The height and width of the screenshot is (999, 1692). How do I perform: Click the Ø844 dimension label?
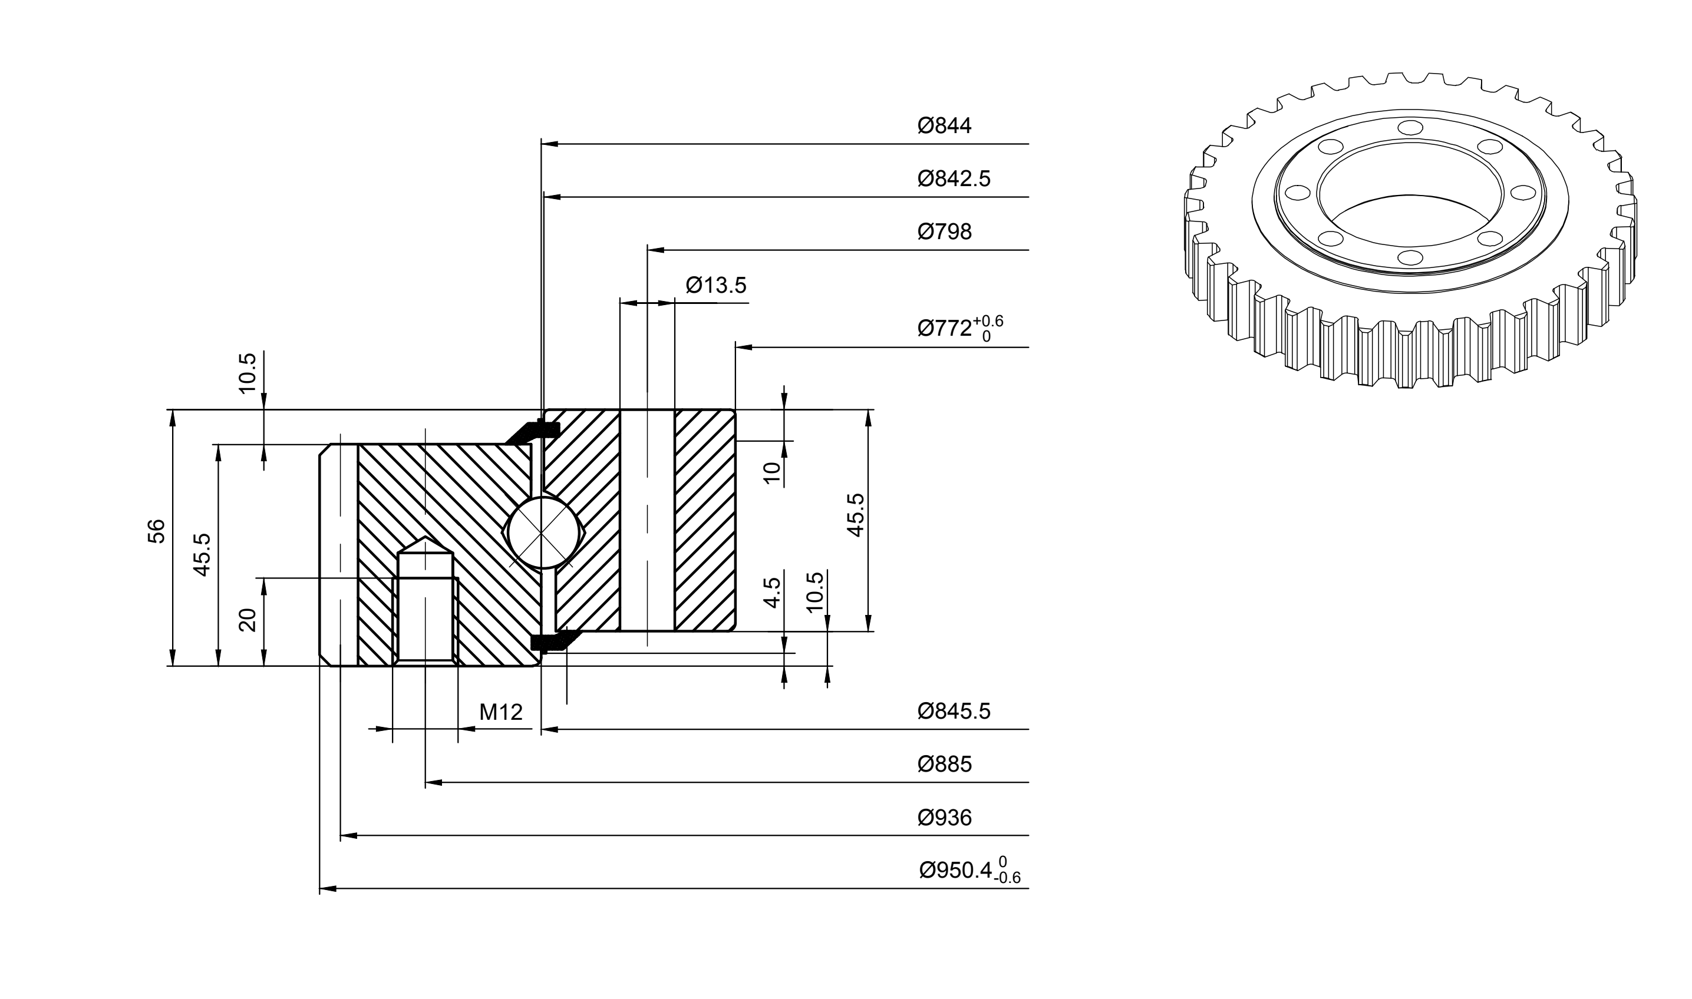pyautogui.click(x=944, y=126)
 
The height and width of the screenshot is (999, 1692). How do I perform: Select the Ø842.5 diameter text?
pyautogui.click(x=954, y=179)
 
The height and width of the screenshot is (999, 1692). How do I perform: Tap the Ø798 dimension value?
pyautogui.click(x=944, y=232)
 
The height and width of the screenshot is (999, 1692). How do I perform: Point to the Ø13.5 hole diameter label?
pyautogui.click(x=716, y=286)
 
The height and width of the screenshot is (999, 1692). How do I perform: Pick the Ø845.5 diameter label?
pyautogui.click(x=954, y=712)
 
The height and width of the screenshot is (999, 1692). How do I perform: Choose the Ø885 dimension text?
pyautogui.click(x=944, y=765)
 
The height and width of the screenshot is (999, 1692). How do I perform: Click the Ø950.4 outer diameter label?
pyautogui.click(x=970, y=871)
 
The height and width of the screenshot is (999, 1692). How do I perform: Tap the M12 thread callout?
pyautogui.click(x=501, y=712)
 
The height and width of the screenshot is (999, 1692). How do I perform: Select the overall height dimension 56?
pyautogui.click(x=156, y=531)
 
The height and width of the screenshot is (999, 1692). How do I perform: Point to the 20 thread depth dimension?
pyautogui.click(x=249, y=620)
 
